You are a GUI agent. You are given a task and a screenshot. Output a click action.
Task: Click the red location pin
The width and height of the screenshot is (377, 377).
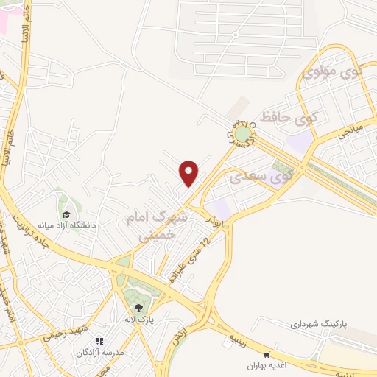click(189, 173)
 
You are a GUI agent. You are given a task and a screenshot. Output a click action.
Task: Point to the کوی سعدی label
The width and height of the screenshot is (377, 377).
click(261, 176)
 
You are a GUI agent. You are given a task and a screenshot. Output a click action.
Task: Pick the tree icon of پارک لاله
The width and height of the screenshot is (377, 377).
click(138, 309)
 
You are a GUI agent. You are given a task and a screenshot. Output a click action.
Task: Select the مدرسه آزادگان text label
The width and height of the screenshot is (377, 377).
click(101, 353)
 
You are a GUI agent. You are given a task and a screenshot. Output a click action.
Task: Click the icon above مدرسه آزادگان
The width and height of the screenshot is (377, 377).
click(101, 342)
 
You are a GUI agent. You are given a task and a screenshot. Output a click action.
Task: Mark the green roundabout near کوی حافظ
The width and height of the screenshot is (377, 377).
click(242, 135)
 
